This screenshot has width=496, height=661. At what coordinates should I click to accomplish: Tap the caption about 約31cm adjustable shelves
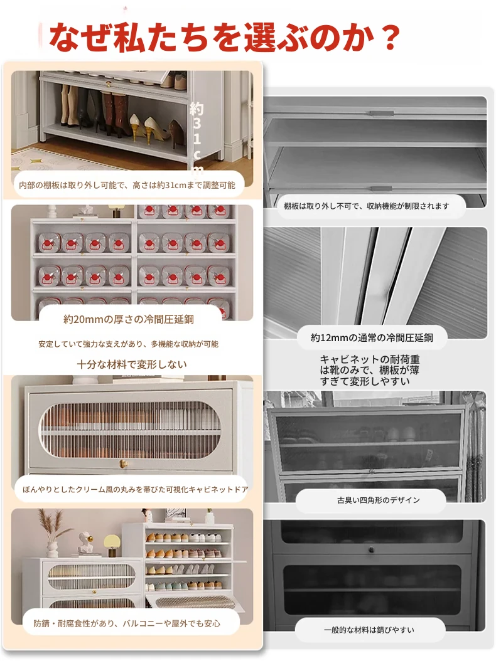click(x=127, y=185)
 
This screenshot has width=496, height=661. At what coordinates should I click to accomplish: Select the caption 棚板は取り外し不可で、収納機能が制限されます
click(x=367, y=206)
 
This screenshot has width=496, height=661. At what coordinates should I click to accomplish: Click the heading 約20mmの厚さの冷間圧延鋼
click(x=129, y=320)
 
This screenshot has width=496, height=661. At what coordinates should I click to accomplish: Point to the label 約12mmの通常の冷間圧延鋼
click(x=372, y=337)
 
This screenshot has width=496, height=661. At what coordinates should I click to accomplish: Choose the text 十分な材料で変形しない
click(x=132, y=364)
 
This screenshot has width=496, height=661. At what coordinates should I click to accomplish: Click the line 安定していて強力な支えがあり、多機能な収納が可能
click(x=128, y=344)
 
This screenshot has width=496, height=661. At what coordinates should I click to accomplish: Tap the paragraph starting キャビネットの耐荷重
click(x=369, y=370)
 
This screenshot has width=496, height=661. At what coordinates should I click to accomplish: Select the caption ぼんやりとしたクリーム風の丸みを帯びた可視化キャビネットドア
click(x=135, y=489)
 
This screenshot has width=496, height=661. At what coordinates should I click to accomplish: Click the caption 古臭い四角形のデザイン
click(x=378, y=500)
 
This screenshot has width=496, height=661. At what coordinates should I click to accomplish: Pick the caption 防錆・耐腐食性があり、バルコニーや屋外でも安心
click(x=127, y=623)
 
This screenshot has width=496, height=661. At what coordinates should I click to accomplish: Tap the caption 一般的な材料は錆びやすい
click(x=369, y=630)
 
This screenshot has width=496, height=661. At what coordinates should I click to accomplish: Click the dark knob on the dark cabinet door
click(x=371, y=549)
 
